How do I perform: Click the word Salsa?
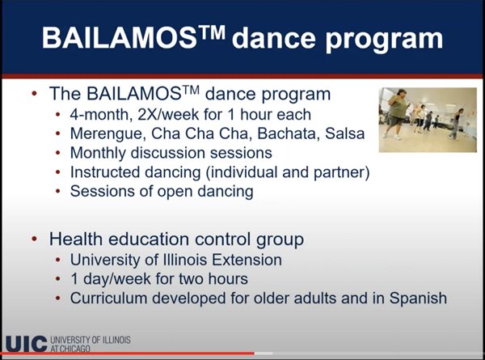(344, 133)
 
